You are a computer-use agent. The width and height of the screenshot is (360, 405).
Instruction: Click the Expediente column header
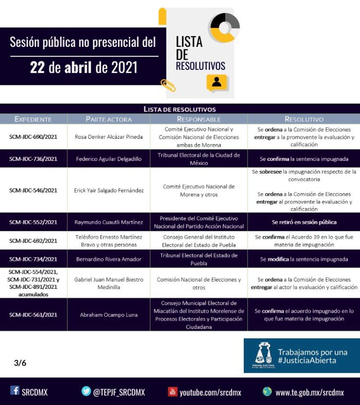pos(33,119)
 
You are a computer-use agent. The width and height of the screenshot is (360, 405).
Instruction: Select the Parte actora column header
pos(109,119)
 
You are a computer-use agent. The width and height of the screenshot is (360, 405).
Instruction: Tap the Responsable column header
pos(199,119)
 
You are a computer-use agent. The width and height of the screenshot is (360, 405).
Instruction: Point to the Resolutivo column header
pos(304,119)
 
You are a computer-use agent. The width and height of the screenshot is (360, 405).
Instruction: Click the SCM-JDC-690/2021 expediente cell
pos(33,137)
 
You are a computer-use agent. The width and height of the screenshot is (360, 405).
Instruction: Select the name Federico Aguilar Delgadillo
pos(109,159)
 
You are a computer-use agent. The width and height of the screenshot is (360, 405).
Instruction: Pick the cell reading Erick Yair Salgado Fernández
pos(109,190)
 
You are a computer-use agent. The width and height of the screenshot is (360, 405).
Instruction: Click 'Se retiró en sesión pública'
pos(304,222)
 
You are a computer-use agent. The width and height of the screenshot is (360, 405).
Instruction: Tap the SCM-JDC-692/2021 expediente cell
pos(33,241)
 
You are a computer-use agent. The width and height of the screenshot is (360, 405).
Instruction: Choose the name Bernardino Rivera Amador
pos(109,259)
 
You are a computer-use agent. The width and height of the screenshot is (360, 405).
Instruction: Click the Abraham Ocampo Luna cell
pos(109,315)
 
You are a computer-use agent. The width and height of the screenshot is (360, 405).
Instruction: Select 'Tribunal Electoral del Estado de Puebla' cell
pos(199,259)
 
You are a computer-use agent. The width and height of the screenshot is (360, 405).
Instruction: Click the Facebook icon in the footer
pos(15,390)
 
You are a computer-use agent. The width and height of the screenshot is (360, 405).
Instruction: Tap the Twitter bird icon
pos(86,391)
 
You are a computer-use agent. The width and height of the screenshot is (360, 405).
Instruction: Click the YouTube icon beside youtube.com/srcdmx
pos(172,392)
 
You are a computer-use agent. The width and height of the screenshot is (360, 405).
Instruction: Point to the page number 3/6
pos(20,363)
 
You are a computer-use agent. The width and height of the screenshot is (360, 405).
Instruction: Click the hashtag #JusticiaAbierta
pos(307,360)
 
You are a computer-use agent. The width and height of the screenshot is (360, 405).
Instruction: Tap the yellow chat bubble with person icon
pos(217,82)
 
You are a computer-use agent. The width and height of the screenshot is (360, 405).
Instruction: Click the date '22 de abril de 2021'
pos(84,67)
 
